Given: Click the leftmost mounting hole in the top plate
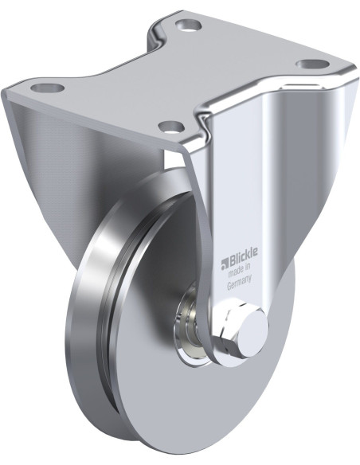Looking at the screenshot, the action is pyautogui.click(x=48, y=88).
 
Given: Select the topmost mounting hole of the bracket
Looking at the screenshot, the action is pyautogui.click(x=189, y=24).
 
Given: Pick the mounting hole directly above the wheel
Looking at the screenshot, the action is pyautogui.click(x=172, y=126).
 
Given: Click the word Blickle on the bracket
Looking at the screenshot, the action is pyautogui.click(x=242, y=253).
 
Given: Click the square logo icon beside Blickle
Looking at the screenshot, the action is pyautogui.click(x=224, y=264).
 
